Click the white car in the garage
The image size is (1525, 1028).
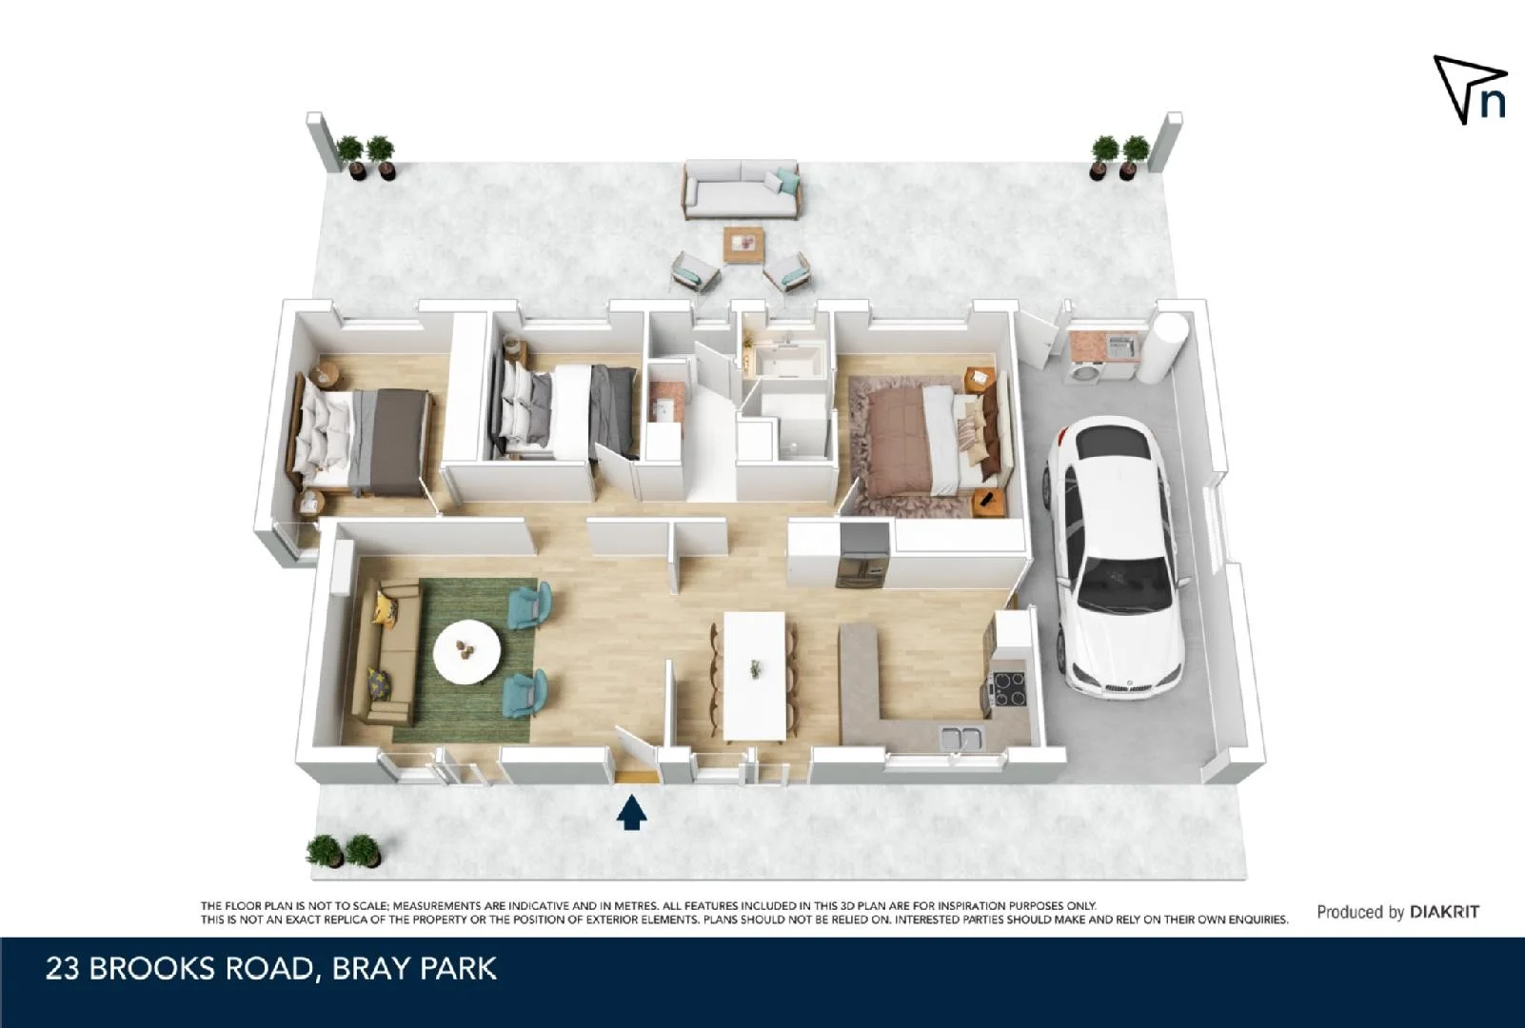(x=1119, y=562)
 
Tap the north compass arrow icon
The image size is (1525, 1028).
(x=1469, y=89)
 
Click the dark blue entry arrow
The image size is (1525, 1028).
(x=631, y=814)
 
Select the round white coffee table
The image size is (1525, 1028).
(x=466, y=652)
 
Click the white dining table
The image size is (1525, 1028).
(x=755, y=674)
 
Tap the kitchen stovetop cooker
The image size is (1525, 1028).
(x=1009, y=688)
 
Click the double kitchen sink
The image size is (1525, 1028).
(x=961, y=737)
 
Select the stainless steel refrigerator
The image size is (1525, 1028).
(x=862, y=556)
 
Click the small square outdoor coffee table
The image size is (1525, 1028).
(x=743, y=244)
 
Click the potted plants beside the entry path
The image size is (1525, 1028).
(x=344, y=851)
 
